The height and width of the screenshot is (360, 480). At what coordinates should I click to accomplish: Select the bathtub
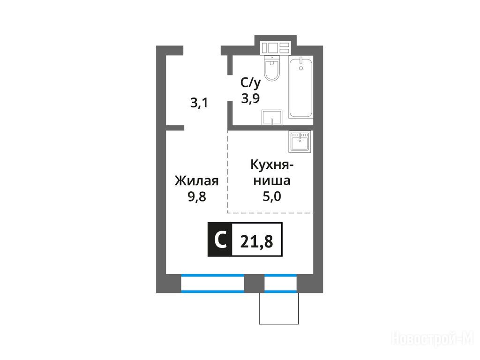(301, 87)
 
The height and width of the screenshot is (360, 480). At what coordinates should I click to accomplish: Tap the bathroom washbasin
(271, 118)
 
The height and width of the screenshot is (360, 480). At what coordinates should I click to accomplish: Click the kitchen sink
(300, 142)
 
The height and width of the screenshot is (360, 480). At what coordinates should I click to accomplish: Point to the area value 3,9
(250, 98)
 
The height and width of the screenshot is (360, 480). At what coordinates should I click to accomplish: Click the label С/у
(250, 82)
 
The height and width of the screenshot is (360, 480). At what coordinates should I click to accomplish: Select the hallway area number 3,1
(199, 103)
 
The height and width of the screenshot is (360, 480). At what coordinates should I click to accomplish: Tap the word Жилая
(196, 180)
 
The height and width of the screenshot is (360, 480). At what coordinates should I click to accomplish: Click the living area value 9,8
(197, 196)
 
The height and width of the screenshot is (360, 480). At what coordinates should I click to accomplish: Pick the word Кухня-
(271, 165)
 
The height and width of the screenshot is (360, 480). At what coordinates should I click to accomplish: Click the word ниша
(271, 180)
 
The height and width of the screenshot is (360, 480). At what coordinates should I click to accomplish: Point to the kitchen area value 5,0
(271, 196)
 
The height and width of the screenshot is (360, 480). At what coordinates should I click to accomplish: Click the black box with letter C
(220, 240)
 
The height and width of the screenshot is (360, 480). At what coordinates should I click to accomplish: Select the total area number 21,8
(256, 242)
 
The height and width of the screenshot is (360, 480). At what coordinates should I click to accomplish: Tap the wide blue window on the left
(212, 284)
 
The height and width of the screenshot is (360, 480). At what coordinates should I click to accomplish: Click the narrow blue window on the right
(280, 284)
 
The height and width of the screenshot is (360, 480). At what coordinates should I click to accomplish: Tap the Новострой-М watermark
(433, 339)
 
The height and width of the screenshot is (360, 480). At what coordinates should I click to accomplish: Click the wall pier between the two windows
(254, 284)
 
